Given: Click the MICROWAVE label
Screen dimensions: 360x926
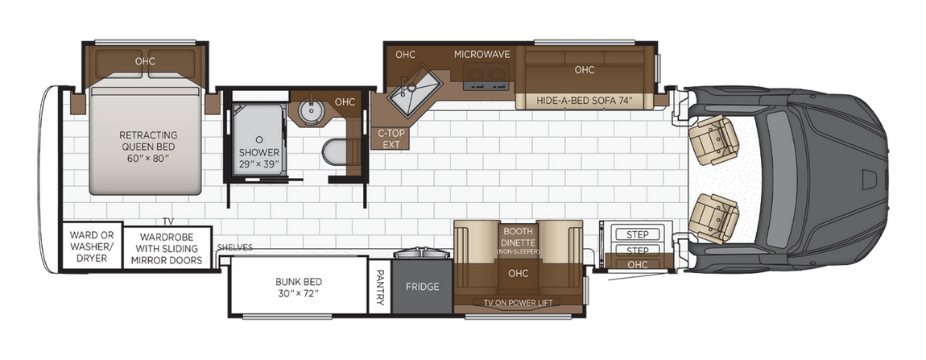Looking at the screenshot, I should point(482,55).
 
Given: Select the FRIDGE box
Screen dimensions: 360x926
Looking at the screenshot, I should point(421,287).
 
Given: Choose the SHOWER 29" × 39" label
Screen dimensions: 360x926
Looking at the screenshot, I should point(258,158).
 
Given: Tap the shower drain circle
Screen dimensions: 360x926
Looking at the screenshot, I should point(258,139).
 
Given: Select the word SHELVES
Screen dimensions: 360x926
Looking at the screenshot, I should point(235,247).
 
